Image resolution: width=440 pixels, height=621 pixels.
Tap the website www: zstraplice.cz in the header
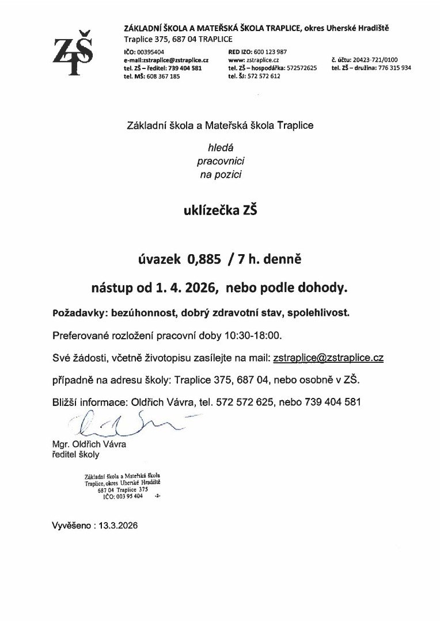(x=254, y=60)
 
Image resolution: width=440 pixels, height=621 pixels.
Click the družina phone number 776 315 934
(x=395, y=68)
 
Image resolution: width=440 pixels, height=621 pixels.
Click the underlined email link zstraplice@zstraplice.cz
(x=328, y=358)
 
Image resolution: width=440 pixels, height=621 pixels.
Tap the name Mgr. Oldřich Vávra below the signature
(x=89, y=444)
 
